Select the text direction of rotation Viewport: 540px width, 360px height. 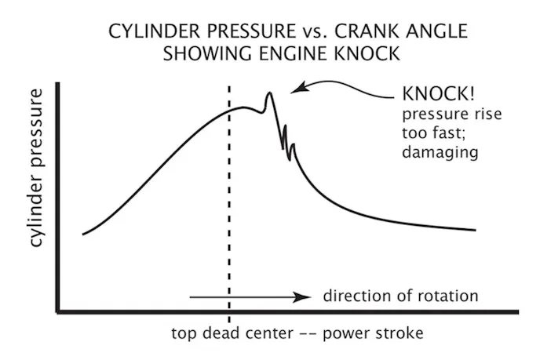[x=400, y=296]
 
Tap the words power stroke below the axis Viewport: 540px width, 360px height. [x=378, y=333]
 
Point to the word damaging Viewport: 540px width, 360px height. [x=439, y=152]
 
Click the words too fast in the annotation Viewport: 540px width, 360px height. [x=431, y=133]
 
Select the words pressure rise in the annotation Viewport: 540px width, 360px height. [x=451, y=115]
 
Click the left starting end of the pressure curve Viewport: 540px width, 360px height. [x=82, y=234]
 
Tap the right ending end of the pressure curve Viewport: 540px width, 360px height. [x=476, y=230]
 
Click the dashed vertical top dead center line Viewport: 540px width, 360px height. [x=228, y=196]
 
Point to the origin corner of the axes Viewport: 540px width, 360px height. [x=58, y=312]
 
